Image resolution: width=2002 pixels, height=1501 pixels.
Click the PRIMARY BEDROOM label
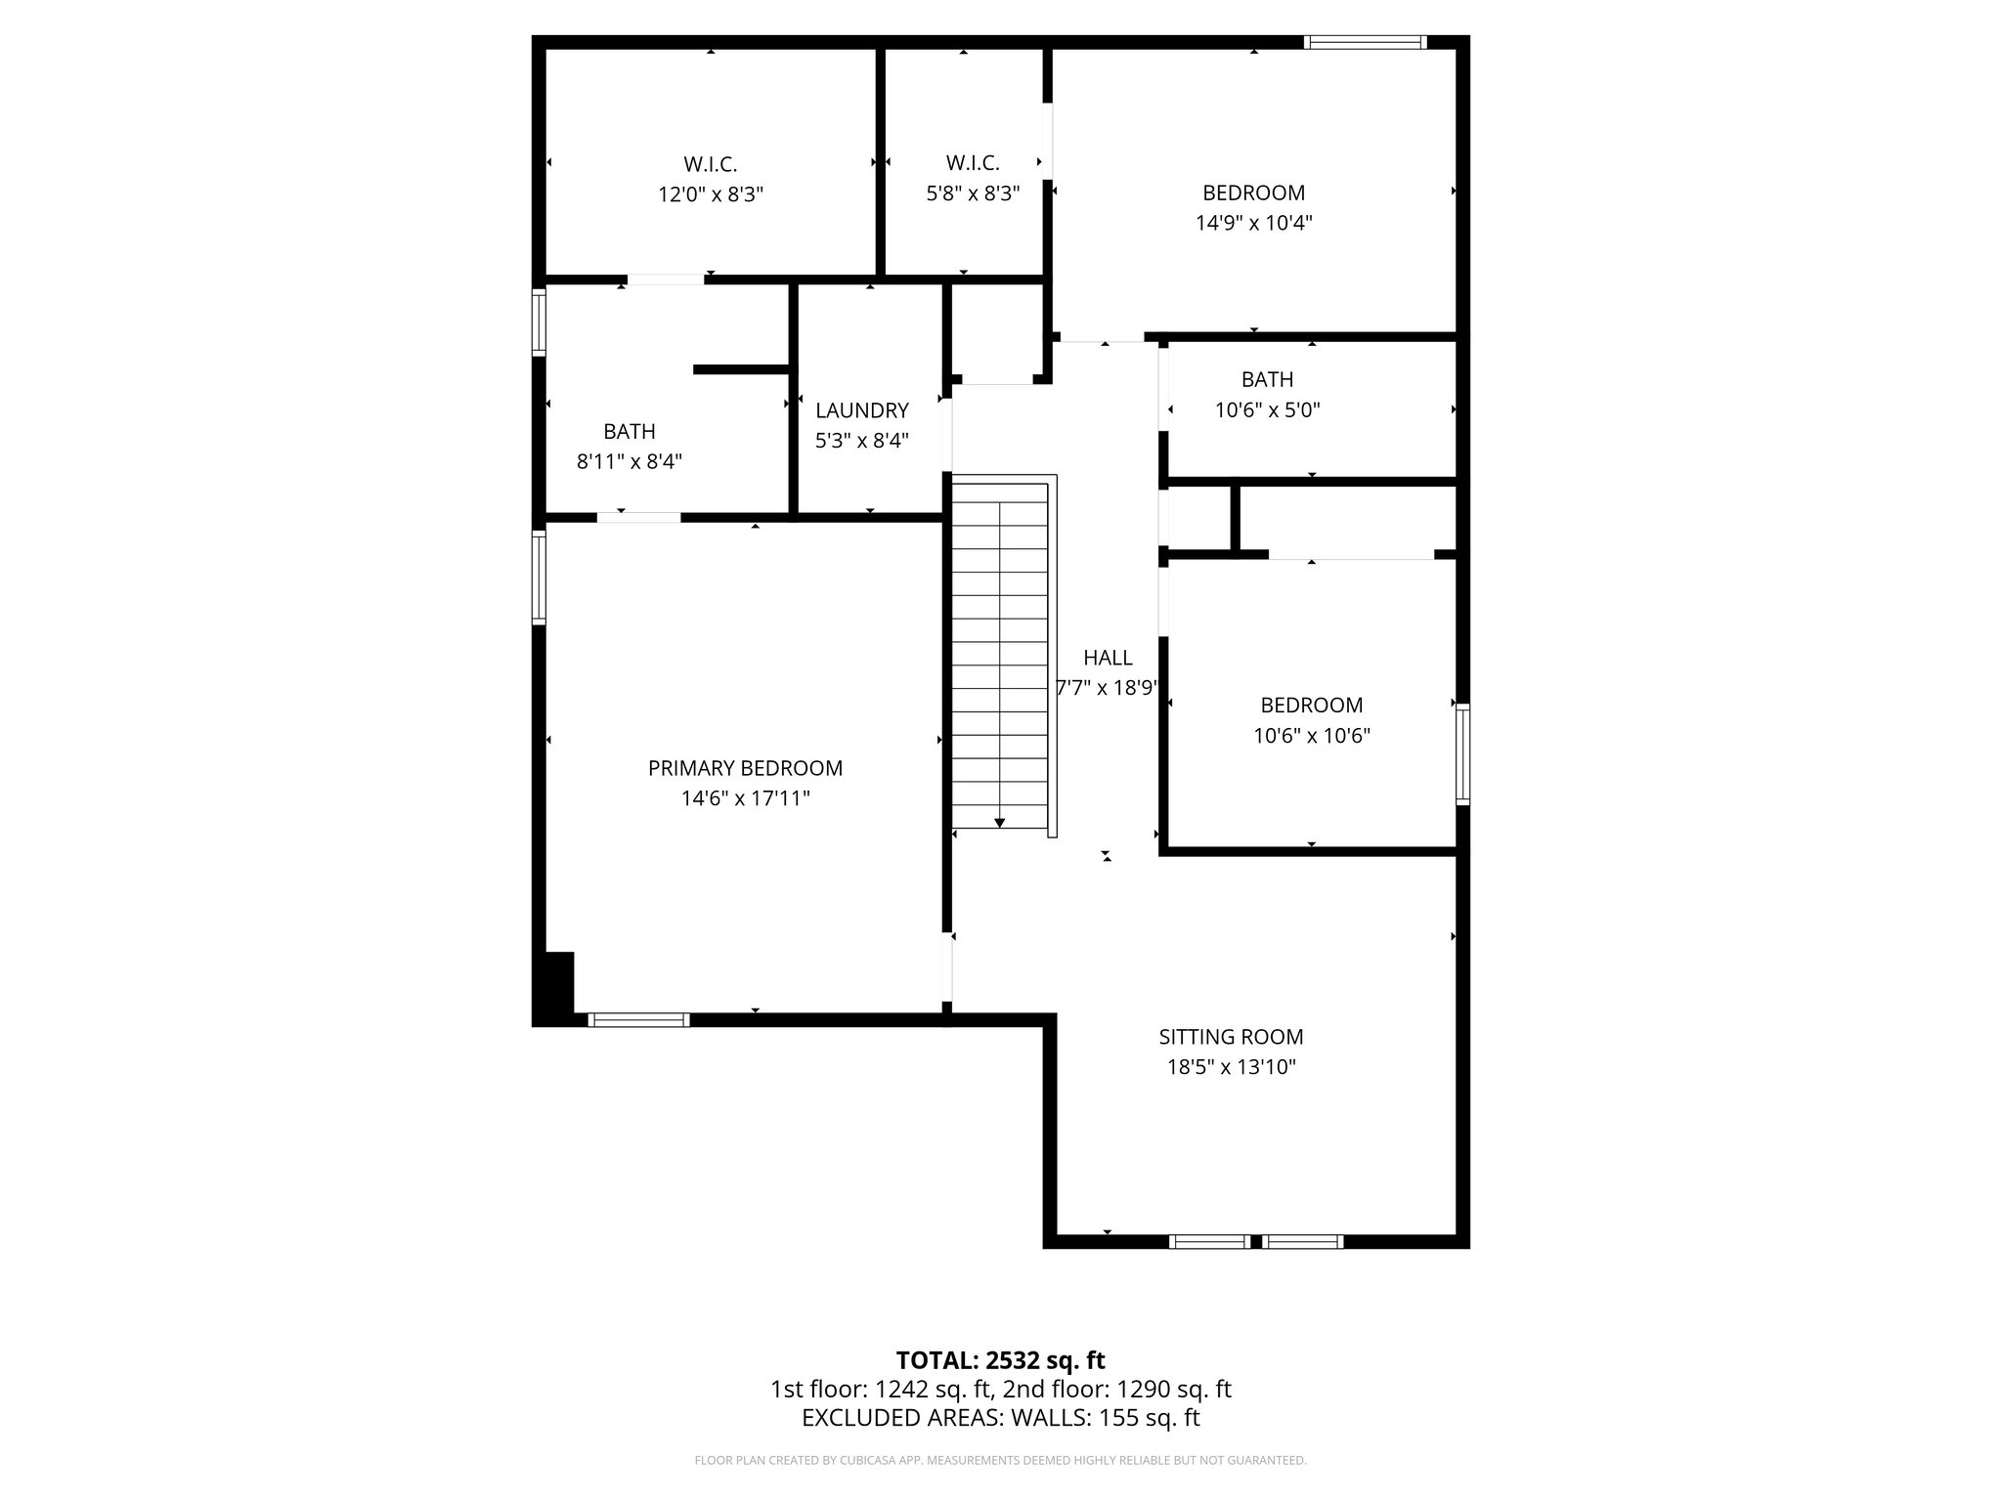pyautogui.click(x=745, y=768)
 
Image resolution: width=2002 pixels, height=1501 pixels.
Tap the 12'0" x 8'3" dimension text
pyautogui.click(x=710, y=194)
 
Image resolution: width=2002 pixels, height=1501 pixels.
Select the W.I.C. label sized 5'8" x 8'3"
pyautogui.click(x=972, y=163)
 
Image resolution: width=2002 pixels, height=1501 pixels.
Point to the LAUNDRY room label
pyautogui.click(x=861, y=410)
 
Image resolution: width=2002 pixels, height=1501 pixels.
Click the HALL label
pyautogui.click(x=1107, y=658)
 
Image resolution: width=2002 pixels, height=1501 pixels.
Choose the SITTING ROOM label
pyautogui.click(x=1231, y=1037)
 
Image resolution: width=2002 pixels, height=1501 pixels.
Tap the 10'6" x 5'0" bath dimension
pyautogui.click(x=1267, y=410)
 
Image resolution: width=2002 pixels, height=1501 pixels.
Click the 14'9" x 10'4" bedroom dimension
pyautogui.click(x=1253, y=223)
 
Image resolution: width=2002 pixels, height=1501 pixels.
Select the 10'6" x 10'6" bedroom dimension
pyautogui.click(x=1311, y=736)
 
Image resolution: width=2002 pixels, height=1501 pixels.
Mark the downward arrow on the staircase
pyautogui.click(x=999, y=822)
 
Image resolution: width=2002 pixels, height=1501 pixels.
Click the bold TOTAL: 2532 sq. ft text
pyautogui.click(x=1000, y=1360)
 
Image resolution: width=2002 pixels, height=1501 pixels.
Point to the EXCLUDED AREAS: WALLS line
pyautogui.click(x=1000, y=1418)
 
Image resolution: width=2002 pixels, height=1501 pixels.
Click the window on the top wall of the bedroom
pyautogui.click(x=1365, y=42)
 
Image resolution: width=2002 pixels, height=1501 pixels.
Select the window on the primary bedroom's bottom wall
pyautogui.click(x=638, y=1019)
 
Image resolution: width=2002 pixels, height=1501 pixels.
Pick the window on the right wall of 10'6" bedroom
pyautogui.click(x=1462, y=753)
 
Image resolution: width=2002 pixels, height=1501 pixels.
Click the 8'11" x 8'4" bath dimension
pyautogui.click(x=629, y=461)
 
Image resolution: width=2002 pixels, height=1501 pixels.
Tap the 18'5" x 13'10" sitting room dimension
pyautogui.click(x=1231, y=1067)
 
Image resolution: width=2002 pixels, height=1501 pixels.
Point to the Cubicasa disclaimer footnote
pyautogui.click(x=1000, y=1461)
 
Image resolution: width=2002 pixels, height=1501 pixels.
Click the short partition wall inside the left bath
pyautogui.click(x=741, y=369)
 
